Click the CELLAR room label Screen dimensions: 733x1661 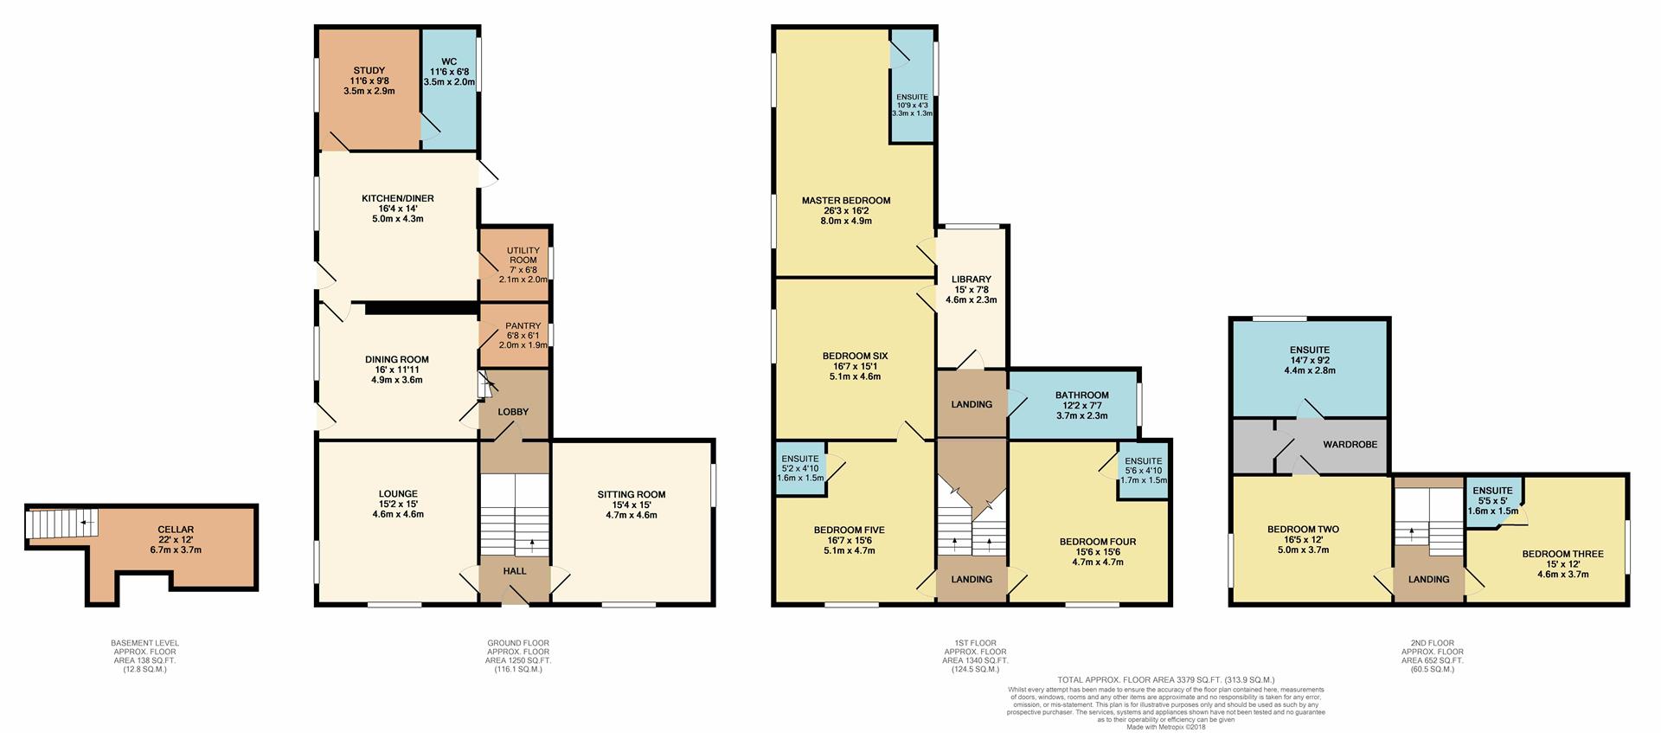tap(175, 530)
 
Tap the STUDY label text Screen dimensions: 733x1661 tap(369, 71)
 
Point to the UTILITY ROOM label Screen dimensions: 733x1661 tap(523, 255)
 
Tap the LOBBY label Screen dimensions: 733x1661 tap(513, 412)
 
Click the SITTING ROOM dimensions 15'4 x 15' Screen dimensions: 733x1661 tap(631, 505)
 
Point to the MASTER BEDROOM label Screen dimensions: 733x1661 tap(845, 201)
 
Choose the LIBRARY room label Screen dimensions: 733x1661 tap(971, 280)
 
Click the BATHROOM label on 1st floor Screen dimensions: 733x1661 tap(1081, 395)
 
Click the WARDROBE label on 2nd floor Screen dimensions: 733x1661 tap(1350, 445)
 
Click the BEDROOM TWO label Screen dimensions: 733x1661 tap(1303, 530)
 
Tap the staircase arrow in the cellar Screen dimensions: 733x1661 tap(83, 523)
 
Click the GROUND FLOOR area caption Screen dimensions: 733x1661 tap(517, 656)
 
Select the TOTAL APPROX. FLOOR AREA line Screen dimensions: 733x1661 tap(1165, 680)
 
